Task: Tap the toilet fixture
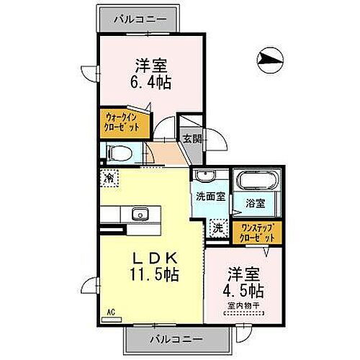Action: [x=121, y=153]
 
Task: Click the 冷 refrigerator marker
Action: [x=109, y=177]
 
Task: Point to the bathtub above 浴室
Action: [x=256, y=181]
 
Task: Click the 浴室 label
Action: [x=256, y=203]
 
